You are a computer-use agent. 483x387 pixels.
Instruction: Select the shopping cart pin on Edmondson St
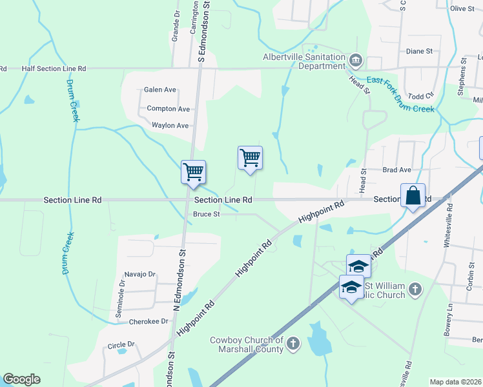(193, 173)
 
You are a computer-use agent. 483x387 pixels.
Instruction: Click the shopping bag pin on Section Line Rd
(413, 195)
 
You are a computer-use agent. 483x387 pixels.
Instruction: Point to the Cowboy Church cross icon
(293, 342)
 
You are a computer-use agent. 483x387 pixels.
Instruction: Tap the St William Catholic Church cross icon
(415, 290)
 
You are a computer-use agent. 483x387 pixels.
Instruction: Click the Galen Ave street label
(160, 90)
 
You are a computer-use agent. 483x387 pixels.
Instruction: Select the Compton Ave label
(169, 109)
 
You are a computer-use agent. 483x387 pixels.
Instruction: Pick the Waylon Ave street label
(170, 125)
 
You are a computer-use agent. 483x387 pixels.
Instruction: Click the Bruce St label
(207, 214)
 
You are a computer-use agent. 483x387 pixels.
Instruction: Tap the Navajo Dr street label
(141, 274)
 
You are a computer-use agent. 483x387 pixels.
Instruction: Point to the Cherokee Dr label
(147, 321)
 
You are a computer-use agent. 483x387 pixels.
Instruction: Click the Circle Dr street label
(121, 345)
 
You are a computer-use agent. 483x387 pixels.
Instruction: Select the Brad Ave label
(396, 170)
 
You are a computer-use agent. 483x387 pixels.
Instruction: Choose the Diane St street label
(419, 51)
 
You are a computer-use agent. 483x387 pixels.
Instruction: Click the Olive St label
(462, 8)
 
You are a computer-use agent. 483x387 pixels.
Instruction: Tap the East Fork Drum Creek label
(401, 94)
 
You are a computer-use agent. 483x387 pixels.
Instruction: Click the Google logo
(22, 379)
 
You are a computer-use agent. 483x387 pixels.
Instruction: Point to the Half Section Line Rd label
(54, 68)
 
